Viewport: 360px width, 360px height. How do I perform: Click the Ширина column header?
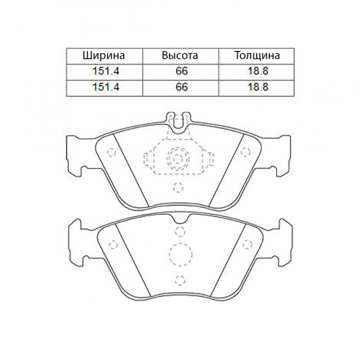tap(104, 55)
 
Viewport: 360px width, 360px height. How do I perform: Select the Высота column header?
tap(180, 55)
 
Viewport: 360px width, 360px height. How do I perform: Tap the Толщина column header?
tap(258, 55)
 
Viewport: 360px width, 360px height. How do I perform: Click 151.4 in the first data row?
tap(106, 71)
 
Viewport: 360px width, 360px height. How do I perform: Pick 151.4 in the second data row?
tap(106, 87)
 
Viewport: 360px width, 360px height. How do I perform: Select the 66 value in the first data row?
tap(181, 71)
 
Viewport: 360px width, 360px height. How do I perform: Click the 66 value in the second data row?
tap(181, 87)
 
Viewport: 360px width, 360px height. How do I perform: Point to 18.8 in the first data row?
tap(258, 71)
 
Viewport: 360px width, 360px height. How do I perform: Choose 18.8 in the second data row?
tap(258, 87)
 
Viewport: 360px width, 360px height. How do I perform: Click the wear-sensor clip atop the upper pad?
tap(179, 123)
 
